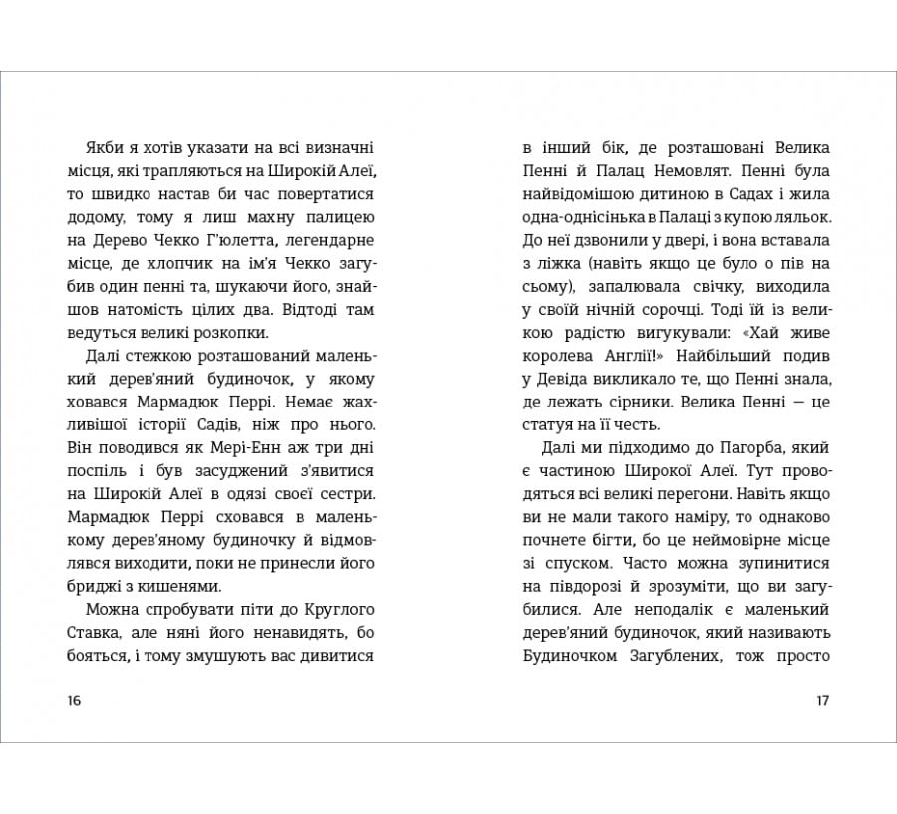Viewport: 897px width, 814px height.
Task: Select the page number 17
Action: click(x=822, y=700)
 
